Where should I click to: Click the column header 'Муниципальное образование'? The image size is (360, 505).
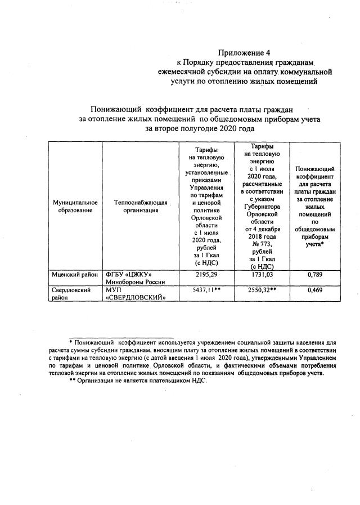[75, 206]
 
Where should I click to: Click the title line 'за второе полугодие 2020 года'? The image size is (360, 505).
[200, 128]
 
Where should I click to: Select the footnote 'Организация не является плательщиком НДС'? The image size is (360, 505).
[142, 381]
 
